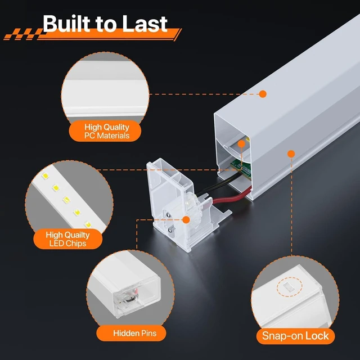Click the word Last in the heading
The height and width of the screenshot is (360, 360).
tap(145, 24)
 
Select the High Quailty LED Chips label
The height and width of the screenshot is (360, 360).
tap(67, 239)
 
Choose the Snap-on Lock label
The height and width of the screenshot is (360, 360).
tap(295, 336)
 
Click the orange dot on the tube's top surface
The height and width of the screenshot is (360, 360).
tap(263, 94)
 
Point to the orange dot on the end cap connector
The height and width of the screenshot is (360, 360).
tap(186, 220)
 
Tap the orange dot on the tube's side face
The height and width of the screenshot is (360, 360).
tap(291, 154)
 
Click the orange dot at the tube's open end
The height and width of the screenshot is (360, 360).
tap(241, 144)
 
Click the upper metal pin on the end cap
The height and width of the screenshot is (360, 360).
tap(169, 215)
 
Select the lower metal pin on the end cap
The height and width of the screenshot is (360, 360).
tap(171, 230)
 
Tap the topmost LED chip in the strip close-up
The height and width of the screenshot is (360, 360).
tap(45, 176)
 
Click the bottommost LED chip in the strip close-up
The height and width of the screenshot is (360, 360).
tap(88, 224)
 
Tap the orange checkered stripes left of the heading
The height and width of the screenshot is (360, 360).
tap(23, 34)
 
